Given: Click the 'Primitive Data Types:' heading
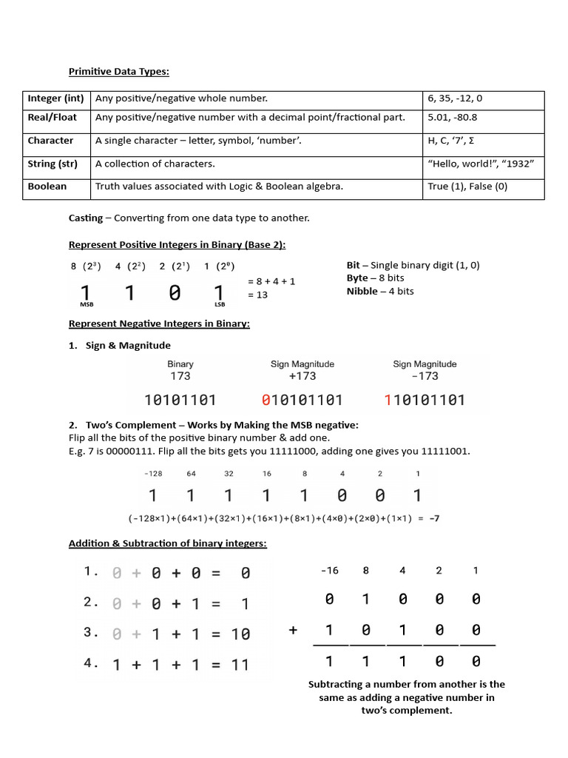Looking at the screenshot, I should point(119,72).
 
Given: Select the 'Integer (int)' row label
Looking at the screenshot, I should point(55,98).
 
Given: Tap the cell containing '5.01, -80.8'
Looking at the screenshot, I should point(452,117).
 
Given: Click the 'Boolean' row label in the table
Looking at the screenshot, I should point(47,187).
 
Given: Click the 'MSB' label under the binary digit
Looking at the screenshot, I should point(87,304).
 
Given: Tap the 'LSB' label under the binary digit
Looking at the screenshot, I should point(219,304).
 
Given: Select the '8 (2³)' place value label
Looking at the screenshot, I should point(86,266).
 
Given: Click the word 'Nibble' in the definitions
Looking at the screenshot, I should point(362,291).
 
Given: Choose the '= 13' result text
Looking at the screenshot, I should point(257,295).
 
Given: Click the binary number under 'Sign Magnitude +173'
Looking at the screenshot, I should point(302,400).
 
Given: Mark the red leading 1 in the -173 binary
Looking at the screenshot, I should point(388,400).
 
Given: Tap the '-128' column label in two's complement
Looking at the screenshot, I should point(153,474).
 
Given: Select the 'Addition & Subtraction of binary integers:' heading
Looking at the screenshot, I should point(168,543).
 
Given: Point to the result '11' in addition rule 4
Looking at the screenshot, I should point(240,665).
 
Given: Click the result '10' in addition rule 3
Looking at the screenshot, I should point(240,634).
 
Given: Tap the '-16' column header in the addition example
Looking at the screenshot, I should point(329,571).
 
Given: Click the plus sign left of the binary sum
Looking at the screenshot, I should point(294,630).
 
